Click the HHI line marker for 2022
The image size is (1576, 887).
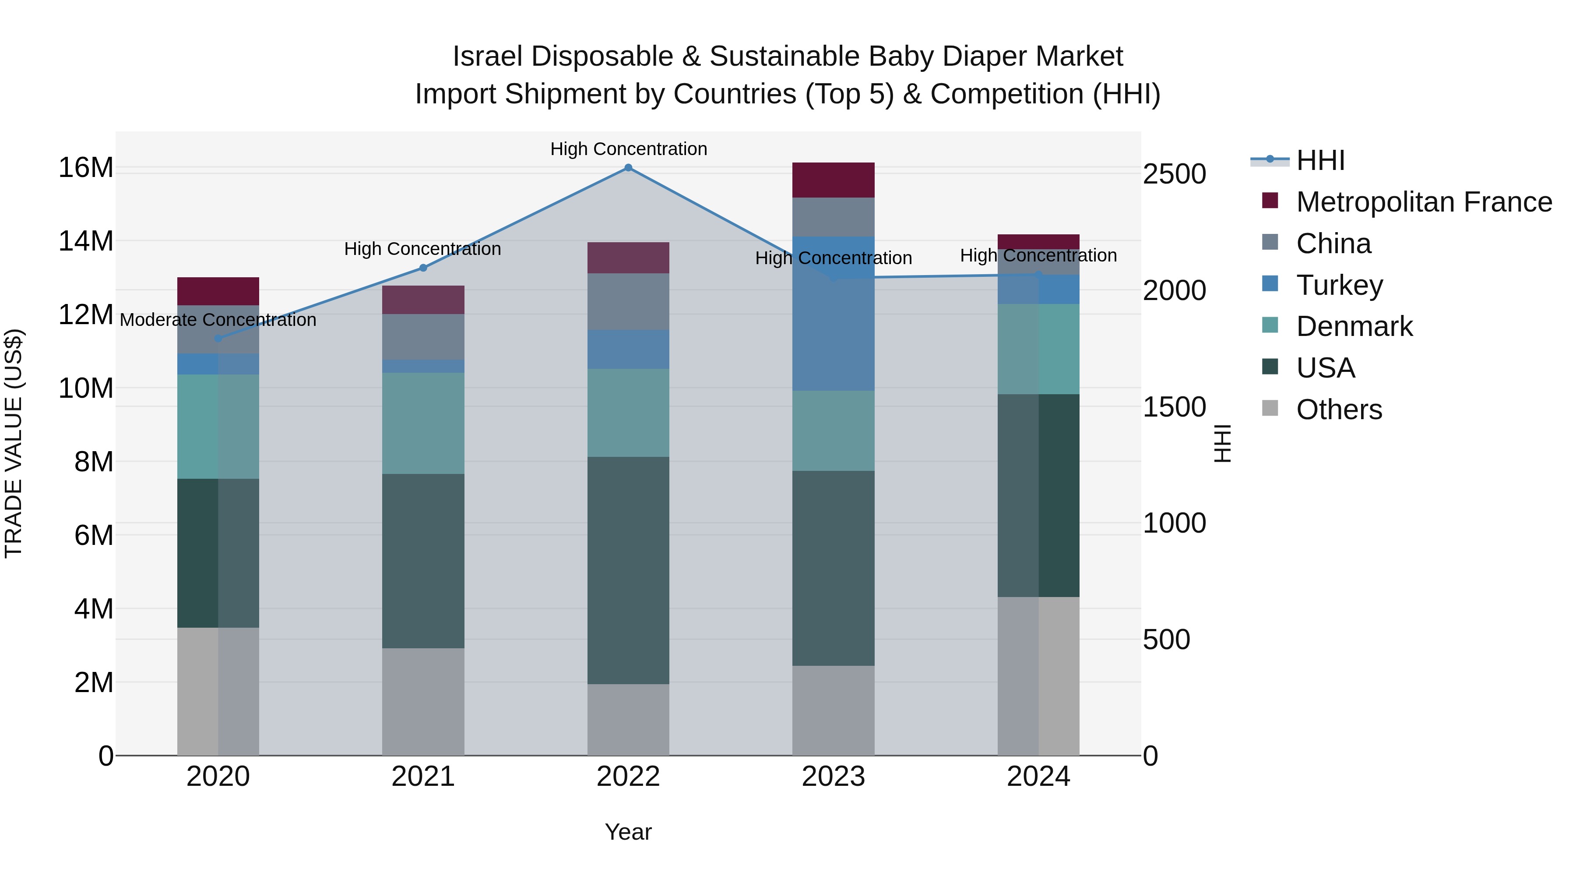628,168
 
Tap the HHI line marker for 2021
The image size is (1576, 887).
423,268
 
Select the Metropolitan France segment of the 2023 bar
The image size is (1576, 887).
833,180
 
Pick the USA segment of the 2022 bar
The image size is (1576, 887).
628,570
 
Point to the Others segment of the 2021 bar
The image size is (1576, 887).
423,702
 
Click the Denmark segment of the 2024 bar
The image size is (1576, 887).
1038,349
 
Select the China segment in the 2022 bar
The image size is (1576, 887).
628,301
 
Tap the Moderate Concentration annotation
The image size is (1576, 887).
218,320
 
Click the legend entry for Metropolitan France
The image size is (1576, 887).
1424,202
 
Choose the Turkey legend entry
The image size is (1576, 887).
1339,285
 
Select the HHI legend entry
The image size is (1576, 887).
1320,160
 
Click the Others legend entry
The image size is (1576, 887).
1339,410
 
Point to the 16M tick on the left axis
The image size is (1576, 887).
86,168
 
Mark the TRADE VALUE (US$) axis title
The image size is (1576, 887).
14,443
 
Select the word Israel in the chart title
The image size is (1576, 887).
486,57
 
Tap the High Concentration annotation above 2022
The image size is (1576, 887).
628,149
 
